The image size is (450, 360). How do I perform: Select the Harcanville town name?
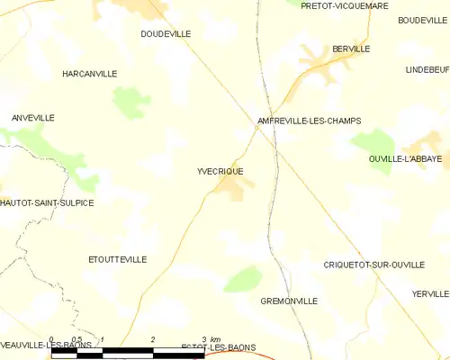(x=89, y=74)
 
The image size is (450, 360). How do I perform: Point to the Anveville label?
(x=32, y=118)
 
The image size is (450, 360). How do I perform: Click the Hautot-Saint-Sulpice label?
(x=47, y=202)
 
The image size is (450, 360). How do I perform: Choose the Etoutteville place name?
(x=117, y=259)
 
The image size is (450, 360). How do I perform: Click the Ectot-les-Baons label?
(x=218, y=346)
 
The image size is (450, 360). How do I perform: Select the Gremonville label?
(x=288, y=301)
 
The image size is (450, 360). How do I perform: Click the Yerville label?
(x=429, y=294)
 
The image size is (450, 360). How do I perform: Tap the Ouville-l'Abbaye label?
(x=405, y=158)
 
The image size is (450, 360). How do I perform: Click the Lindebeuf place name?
(x=427, y=69)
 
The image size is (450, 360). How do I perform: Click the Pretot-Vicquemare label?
(x=345, y=5)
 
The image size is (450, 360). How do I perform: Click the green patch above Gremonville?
(x=242, y=279)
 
